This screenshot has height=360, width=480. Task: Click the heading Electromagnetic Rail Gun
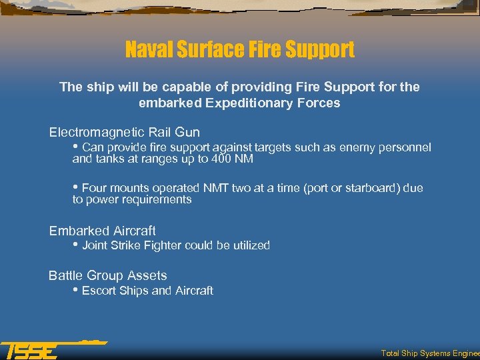click(x=124, y=132)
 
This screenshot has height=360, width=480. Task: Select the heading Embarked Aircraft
click(x=102, y=231)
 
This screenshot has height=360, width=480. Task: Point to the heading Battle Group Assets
click(x=107, y=275)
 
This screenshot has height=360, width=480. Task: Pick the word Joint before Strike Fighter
click(x=95, y=245)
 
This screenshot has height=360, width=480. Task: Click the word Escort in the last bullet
click(x=99, y=291)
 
